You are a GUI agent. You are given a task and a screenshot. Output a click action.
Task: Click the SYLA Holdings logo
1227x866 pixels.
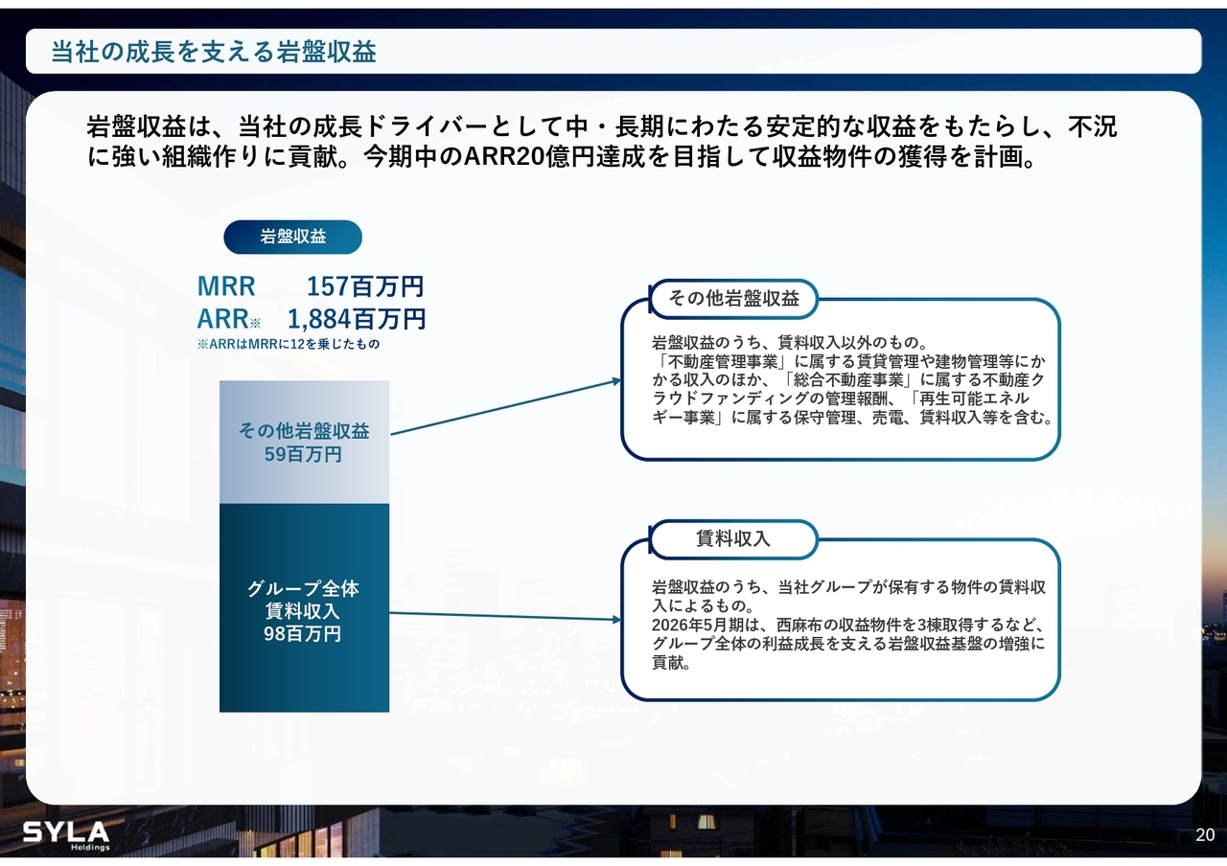[66, 835]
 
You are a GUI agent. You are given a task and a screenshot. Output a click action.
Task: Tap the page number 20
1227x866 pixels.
[1205, 834]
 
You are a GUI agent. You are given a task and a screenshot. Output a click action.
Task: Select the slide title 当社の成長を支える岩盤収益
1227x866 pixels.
[214, 52]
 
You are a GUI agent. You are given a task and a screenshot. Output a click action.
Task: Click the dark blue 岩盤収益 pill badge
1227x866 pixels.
[292, 237]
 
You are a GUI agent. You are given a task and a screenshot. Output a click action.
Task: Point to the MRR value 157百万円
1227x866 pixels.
[365, 285]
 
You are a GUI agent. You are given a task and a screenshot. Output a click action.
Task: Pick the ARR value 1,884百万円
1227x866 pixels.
[356, 319]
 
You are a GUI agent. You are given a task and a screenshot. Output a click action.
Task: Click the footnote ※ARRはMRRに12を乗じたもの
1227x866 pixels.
[289, 344]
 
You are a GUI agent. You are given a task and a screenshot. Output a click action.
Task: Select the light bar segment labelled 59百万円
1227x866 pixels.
[305, 443]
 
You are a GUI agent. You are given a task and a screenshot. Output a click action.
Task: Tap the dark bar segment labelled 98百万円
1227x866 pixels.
[305, 607]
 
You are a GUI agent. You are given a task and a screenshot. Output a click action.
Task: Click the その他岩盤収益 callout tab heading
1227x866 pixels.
[733, 298]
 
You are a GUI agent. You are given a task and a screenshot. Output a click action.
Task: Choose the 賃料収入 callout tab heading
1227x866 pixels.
[733, 538]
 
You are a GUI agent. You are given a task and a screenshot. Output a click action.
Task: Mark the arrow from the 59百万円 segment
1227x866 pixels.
[506, 407]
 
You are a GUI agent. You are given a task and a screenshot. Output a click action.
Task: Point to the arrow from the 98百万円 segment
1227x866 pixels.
[505, 616]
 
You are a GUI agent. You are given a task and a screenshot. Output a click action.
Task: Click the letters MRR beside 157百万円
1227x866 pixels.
[226, 285]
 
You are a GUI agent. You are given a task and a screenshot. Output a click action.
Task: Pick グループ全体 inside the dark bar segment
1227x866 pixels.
[303, 588]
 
